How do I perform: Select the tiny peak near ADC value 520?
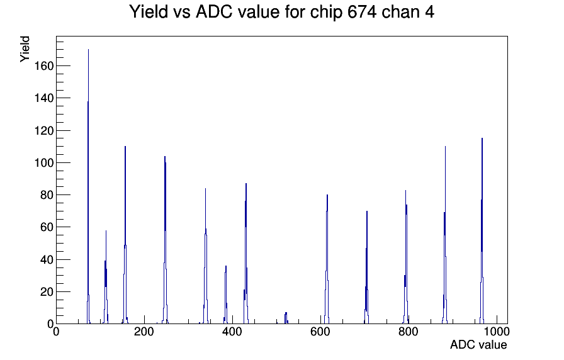(x=286, y=318)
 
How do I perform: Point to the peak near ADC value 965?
(x=482, y=230)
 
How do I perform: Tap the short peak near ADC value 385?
(x=225, y=295)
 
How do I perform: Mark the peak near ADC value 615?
(x=327, y=259)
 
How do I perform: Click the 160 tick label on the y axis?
(x=44, y=66)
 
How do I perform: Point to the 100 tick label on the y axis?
(x=44, y=162)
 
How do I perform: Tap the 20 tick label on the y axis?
(x=47, y=291)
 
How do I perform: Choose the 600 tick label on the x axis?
(x=320, y=332)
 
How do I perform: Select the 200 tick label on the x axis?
(x=144, y=332)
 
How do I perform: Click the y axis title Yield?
(x=25, y=49)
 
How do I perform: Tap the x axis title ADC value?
(x=478, y=344)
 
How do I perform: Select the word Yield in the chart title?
(x=149, y=11)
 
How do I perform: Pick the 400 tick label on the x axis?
(x=232, y=332)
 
